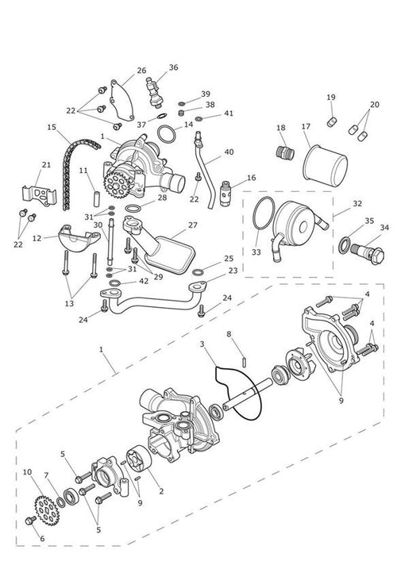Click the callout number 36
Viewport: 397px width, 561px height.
(173, 67)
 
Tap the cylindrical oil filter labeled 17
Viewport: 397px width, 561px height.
(325, 166)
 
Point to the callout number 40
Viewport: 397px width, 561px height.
(229, 152)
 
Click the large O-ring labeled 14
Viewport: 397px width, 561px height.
(167, 134)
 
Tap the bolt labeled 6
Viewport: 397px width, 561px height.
(31, 521)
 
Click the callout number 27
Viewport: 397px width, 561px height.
(193, 225)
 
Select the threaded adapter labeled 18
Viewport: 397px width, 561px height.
(285, 152)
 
